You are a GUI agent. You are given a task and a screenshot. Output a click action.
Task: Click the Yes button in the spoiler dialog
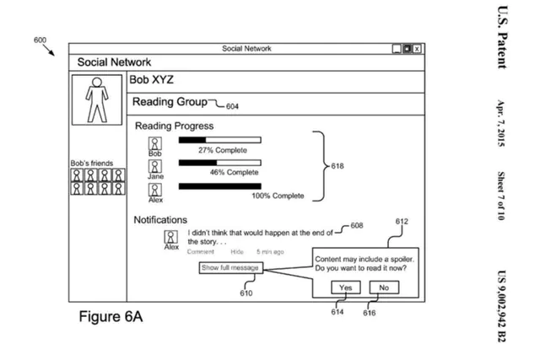click(346, 287)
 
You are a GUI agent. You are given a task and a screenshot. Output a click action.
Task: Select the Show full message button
click(230, 267)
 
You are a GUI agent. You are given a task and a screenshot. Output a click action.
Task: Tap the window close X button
click(416, 49)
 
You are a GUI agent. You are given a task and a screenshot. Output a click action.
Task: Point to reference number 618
click(338, 167)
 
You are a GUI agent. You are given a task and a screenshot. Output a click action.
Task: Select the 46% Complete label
click(234, 172)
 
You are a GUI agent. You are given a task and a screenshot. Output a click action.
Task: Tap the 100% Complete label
click(278, 196)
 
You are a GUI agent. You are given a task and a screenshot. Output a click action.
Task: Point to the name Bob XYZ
click(151, 79)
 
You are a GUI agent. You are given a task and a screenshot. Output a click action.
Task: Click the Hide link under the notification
click(238, 251)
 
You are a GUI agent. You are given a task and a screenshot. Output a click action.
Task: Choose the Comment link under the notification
click(201, 251)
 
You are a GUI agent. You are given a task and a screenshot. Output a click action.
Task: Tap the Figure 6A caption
click(111, 318)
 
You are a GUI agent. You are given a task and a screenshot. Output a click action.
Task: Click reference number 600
click(40, 40)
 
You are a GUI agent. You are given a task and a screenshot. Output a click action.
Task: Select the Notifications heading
click(160, 219)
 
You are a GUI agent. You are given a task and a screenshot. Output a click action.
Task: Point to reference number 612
click(402, 221)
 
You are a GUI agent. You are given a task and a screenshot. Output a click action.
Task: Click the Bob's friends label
click(98, 164)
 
